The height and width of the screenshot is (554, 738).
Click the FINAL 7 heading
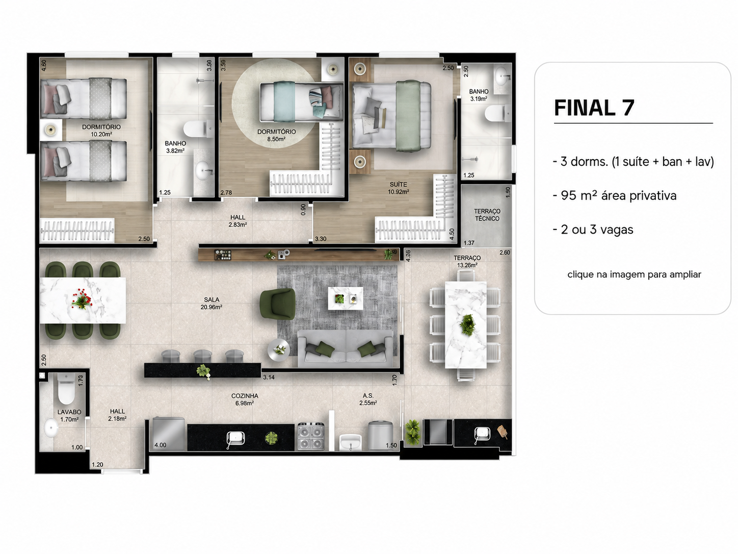click(594, 108)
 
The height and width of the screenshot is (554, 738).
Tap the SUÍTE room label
click(399, 184)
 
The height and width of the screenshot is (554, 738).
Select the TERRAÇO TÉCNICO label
click(487, 215)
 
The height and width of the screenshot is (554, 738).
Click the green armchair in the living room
click(278, 304)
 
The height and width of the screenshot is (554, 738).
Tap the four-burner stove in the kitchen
click(311, 436)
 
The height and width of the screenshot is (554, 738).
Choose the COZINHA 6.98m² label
click(245, 399)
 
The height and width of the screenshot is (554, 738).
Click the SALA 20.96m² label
click(212, 303)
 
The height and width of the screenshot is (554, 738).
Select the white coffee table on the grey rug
click(346, 298)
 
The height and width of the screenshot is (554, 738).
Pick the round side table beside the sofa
click(279, 350)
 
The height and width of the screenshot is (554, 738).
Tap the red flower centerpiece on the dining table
click(82, 298)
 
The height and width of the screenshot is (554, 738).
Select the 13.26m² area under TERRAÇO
click(467, 265)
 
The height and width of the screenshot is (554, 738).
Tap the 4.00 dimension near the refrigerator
click(161, 445)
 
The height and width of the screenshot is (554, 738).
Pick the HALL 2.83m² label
click(238, 221)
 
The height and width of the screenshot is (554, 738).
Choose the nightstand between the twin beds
click(51, 130)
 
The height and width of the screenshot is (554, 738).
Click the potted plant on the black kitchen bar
click(204, 371)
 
